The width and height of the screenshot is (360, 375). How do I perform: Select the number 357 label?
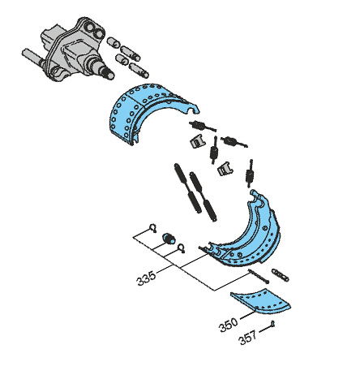coord(248,338)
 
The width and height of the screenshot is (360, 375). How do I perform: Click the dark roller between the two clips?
coord(169,239)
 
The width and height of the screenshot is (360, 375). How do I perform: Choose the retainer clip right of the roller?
coord(185,248)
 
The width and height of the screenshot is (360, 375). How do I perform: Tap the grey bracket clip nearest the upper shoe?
coord(197,143)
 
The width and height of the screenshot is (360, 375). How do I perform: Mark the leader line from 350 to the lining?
coord(244,317)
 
